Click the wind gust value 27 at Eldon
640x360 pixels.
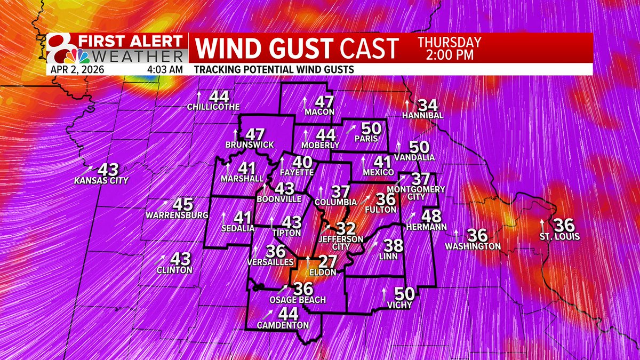tap(327, 262)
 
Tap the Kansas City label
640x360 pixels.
tap(101, 181)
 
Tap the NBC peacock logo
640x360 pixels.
tap(71, 55)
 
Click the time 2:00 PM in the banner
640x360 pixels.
tap(449, 55)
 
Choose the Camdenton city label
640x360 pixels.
tap(283, 325)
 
